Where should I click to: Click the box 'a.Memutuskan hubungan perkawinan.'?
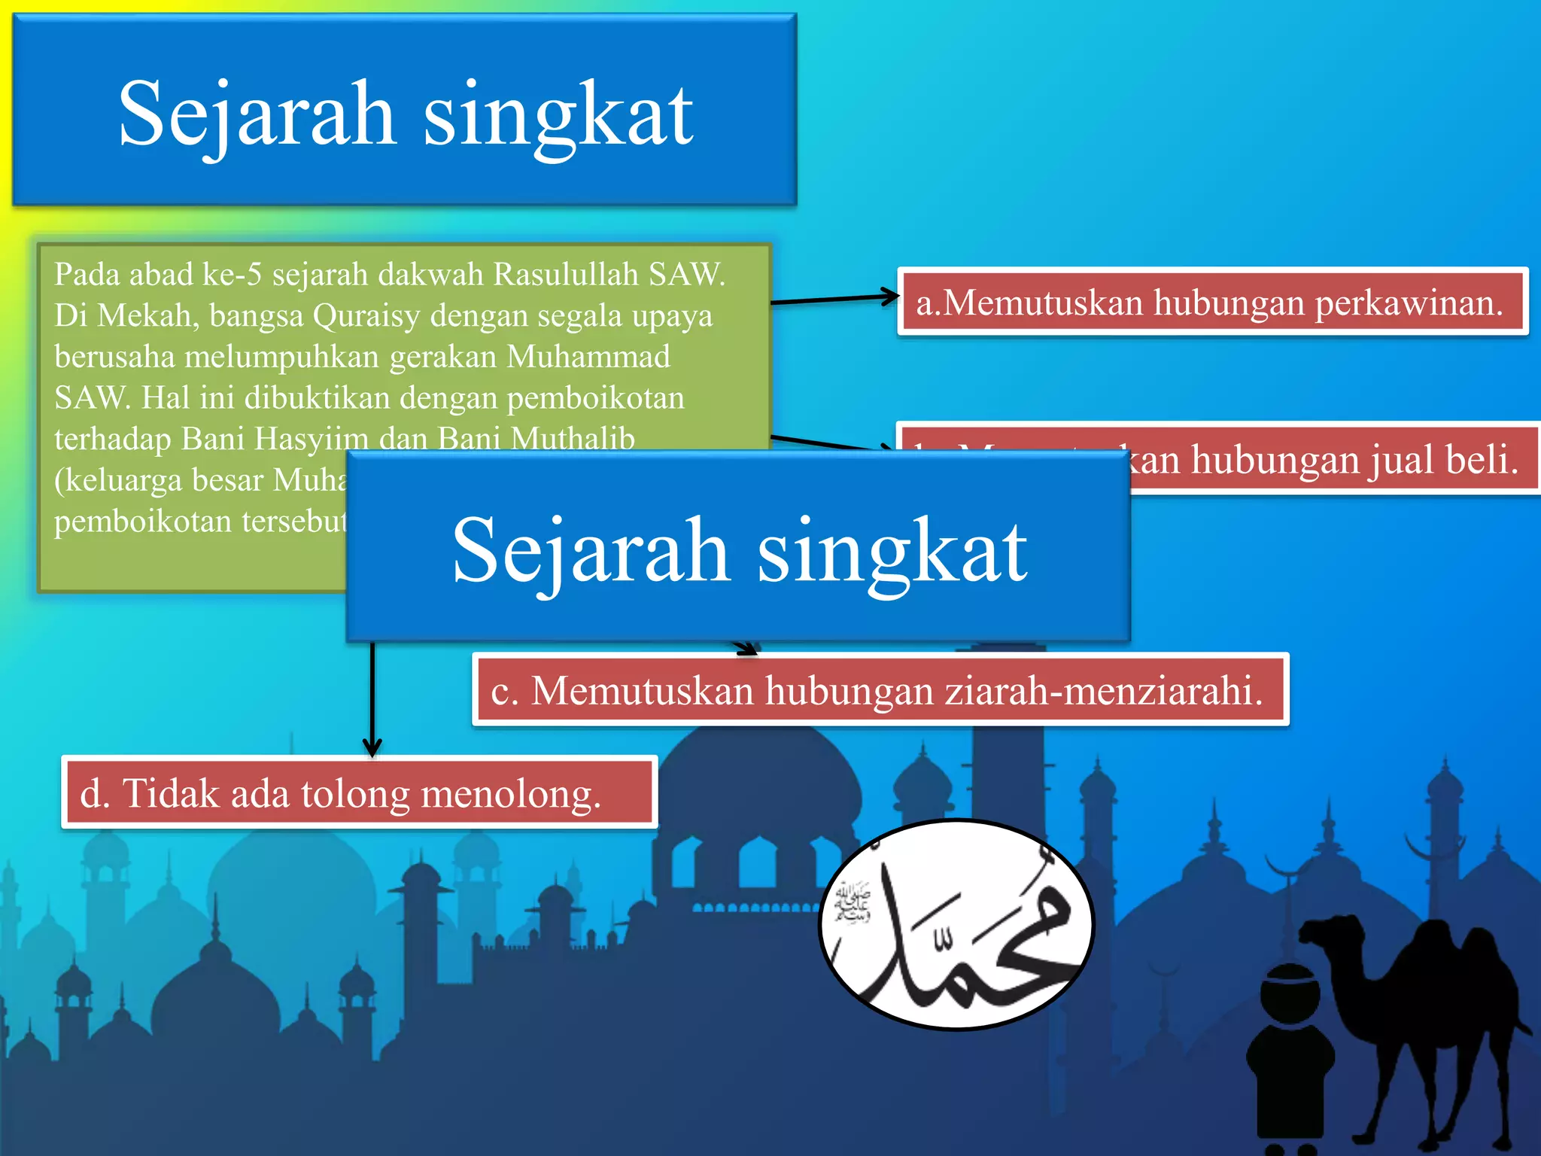(1212, 302)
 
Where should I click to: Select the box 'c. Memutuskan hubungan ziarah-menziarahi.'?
(880, 689)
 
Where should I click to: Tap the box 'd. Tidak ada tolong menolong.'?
(359, 792)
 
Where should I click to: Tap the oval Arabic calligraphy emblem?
(956, 925)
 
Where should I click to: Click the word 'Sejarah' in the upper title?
(257, 114)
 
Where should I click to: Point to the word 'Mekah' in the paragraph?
(147, 315)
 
